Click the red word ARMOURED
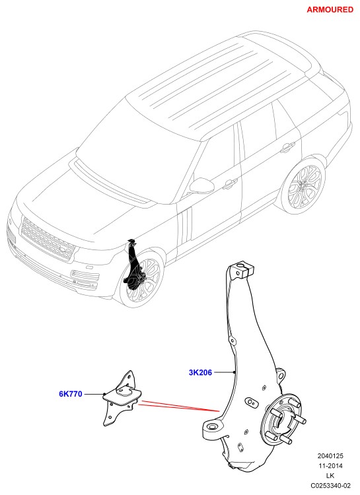click(x=330, y=9)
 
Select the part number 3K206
click(x=200, y=372)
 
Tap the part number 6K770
click(x=71, y=394)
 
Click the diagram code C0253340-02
click(x=330, y=485)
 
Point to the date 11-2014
click(x=330, y=466)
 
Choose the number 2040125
click(x=330, y=456)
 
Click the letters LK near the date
click(x=330, y=475)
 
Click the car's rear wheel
click(x=303, y=184)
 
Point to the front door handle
click(x=230, y=184)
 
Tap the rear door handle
click(x=287, y=147)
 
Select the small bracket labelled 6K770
click(x=122, y=399)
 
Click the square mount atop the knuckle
click(x=242, y=269)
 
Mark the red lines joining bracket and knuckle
click(x=179, y=406)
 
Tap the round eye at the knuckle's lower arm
click(x=211, y=427)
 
